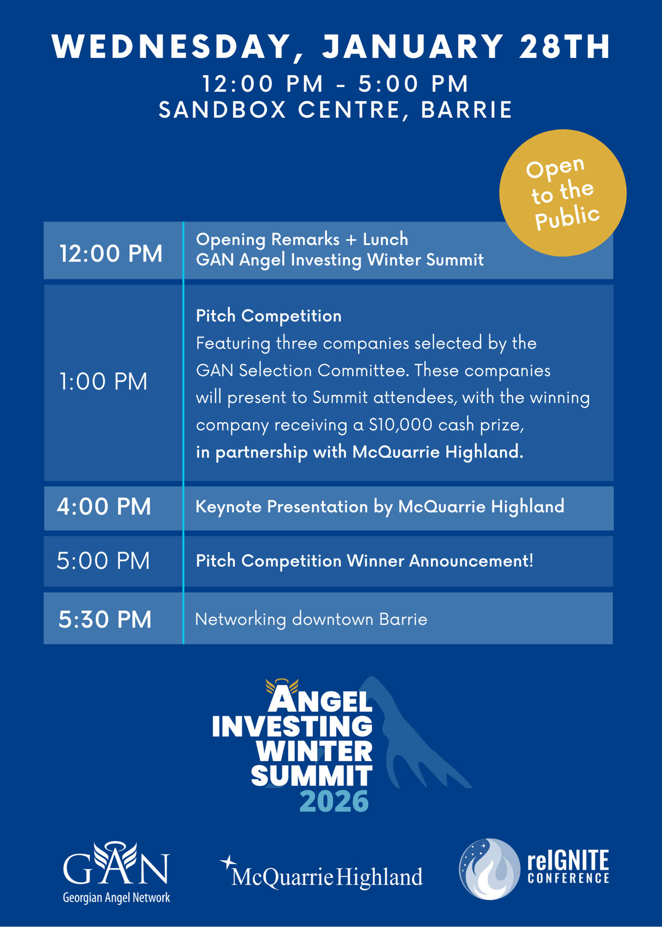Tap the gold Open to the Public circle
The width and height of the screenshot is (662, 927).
(x=563, y=193)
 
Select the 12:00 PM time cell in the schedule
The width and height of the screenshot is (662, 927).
(x=111, y=254)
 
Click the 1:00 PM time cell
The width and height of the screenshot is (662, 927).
(x=103, y=381)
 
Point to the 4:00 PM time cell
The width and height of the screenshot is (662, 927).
(x=104, y=507)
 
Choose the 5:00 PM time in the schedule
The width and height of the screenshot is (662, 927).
(x=103, y=561)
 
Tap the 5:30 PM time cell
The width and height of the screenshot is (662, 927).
(x=105, y=619)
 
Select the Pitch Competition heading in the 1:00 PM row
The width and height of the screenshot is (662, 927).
(x=269, y=316)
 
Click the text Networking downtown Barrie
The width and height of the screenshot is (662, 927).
(x=311, y=619)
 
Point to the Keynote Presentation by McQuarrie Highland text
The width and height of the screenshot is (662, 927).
(x=380, y=507)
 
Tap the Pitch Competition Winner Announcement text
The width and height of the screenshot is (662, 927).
(x=365, y=561)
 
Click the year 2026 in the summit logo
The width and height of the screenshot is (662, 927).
(x=334, y=801)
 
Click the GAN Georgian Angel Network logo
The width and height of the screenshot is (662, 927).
(x=116, y=872)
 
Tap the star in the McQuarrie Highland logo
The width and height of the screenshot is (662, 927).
(x=228, y=863)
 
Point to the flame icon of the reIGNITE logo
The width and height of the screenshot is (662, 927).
(x=490, y=869)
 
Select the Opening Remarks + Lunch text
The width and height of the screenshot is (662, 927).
(x=302, y=240)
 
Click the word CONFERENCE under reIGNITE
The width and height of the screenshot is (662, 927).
(x=568, y=878)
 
